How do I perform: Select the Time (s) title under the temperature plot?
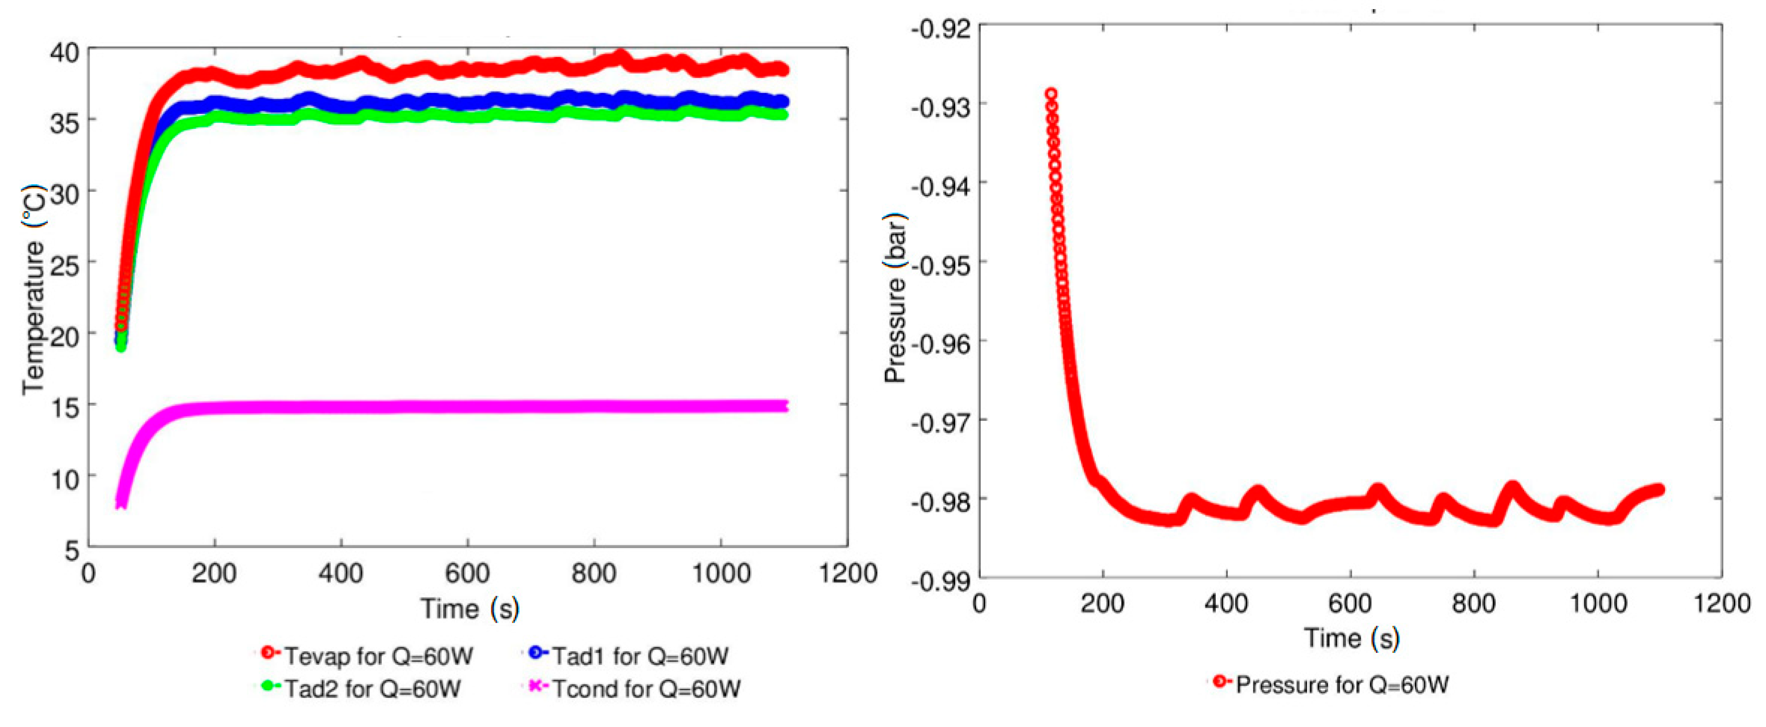tap(469, 608)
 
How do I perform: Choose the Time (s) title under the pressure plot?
tap(1351, 638)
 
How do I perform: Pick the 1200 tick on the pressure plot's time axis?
tap(1721, 603)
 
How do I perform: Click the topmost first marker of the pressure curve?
tap(1050, 94)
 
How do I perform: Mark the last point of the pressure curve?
tap(1659, 489)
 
